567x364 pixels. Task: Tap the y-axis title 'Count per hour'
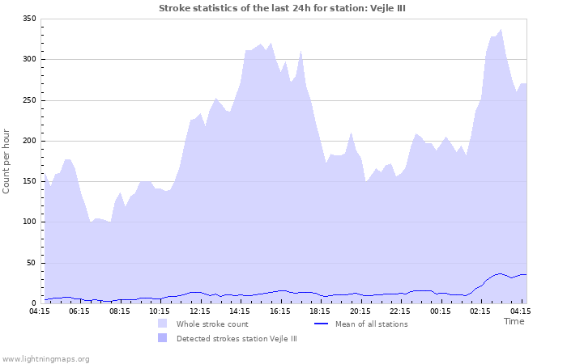click(x=7, y=160)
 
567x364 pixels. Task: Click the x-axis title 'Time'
click(x=514, y=321)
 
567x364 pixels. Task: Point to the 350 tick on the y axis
click(x=29, y=19)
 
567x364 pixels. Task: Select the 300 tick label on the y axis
click(x=29, y=59)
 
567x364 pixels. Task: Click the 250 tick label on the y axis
click(x=29, y=100)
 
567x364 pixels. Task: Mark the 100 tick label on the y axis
click(x=29, y=222)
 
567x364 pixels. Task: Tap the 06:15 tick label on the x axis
click(x=79, y=311)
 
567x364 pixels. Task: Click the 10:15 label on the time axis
click(x=160, y=311)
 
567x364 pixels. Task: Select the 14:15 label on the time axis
click(x=240, y=311)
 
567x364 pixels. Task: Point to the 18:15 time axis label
click(x=320, y=311)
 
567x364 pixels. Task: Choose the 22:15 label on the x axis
click(x=400, y=311)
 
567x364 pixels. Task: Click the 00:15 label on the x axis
click(x=440, y=311)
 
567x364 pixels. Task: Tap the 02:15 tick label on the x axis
click(x=480, y=311)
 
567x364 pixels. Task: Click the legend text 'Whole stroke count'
click(x=212, y=324)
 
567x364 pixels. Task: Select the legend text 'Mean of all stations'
click(x=372, y=324)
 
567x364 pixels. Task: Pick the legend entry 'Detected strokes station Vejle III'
click(x=237, y=339)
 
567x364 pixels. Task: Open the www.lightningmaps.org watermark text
click(x=45, y=358)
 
